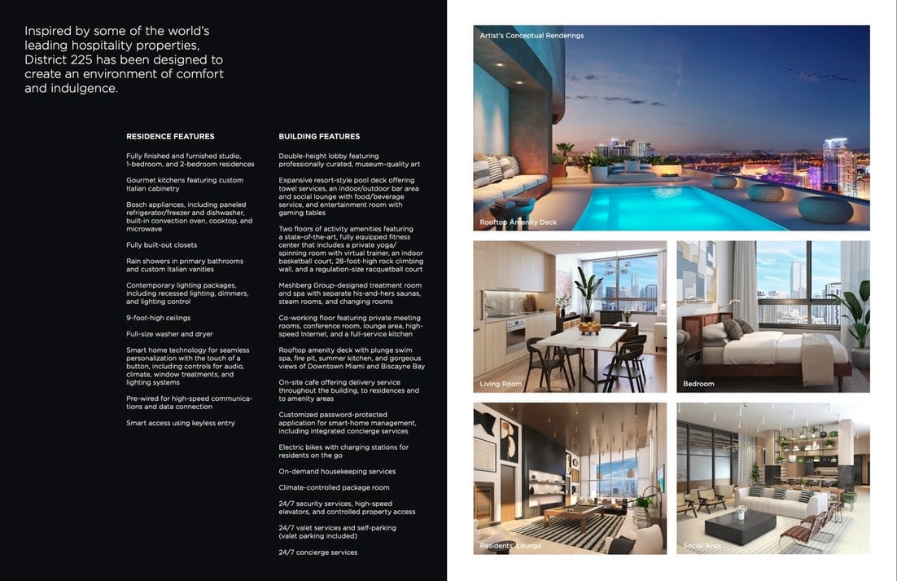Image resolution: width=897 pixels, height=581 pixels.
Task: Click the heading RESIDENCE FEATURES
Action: (x=170, y=136)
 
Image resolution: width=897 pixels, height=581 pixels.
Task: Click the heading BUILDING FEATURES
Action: (x=319, y=136)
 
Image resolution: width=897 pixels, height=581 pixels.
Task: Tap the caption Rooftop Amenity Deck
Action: (x=519, y=222)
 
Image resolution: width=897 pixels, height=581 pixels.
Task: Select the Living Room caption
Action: (x=501, y=384)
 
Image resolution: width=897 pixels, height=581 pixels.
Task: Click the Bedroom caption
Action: (x=698, y=384)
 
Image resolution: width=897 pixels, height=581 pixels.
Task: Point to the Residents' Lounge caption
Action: (x=510, y=545)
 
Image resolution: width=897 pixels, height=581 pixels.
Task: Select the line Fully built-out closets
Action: (x=161, y=244)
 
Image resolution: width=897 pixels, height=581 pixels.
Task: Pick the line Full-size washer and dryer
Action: (x=169, y=334)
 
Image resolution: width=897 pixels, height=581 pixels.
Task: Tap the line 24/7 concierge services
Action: (x=317, y=552)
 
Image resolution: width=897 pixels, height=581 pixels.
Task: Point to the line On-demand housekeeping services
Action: (x=337, y=471)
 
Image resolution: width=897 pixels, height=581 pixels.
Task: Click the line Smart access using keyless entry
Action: (x=180, y=423)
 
